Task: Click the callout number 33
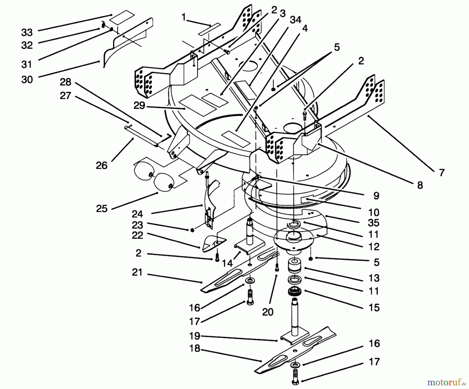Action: click(x=27, y=33)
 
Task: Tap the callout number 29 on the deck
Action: click(x=139, y=105)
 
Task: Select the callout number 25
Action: click(x=102, y=209)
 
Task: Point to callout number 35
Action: click(x=374, y=223)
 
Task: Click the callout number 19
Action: click(x=194, y=336)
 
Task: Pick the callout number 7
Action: click(x=441, y=173)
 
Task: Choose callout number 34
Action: click(x=295, y=20)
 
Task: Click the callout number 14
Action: click(x=227, y=263)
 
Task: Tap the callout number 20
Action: click(x=268, y=312)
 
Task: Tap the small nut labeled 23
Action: click(x=192, y=230)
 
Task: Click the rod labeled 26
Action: click(x=141, y=135)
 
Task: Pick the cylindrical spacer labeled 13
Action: click(x=295, y=267)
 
